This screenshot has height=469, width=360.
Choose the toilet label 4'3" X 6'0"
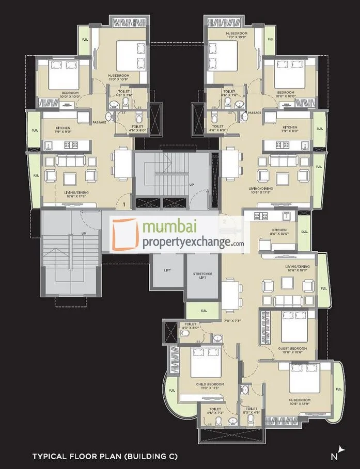pos(191,326)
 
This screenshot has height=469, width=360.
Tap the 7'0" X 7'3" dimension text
pos(232,320)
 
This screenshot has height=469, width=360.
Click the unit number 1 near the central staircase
pos(124,204)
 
